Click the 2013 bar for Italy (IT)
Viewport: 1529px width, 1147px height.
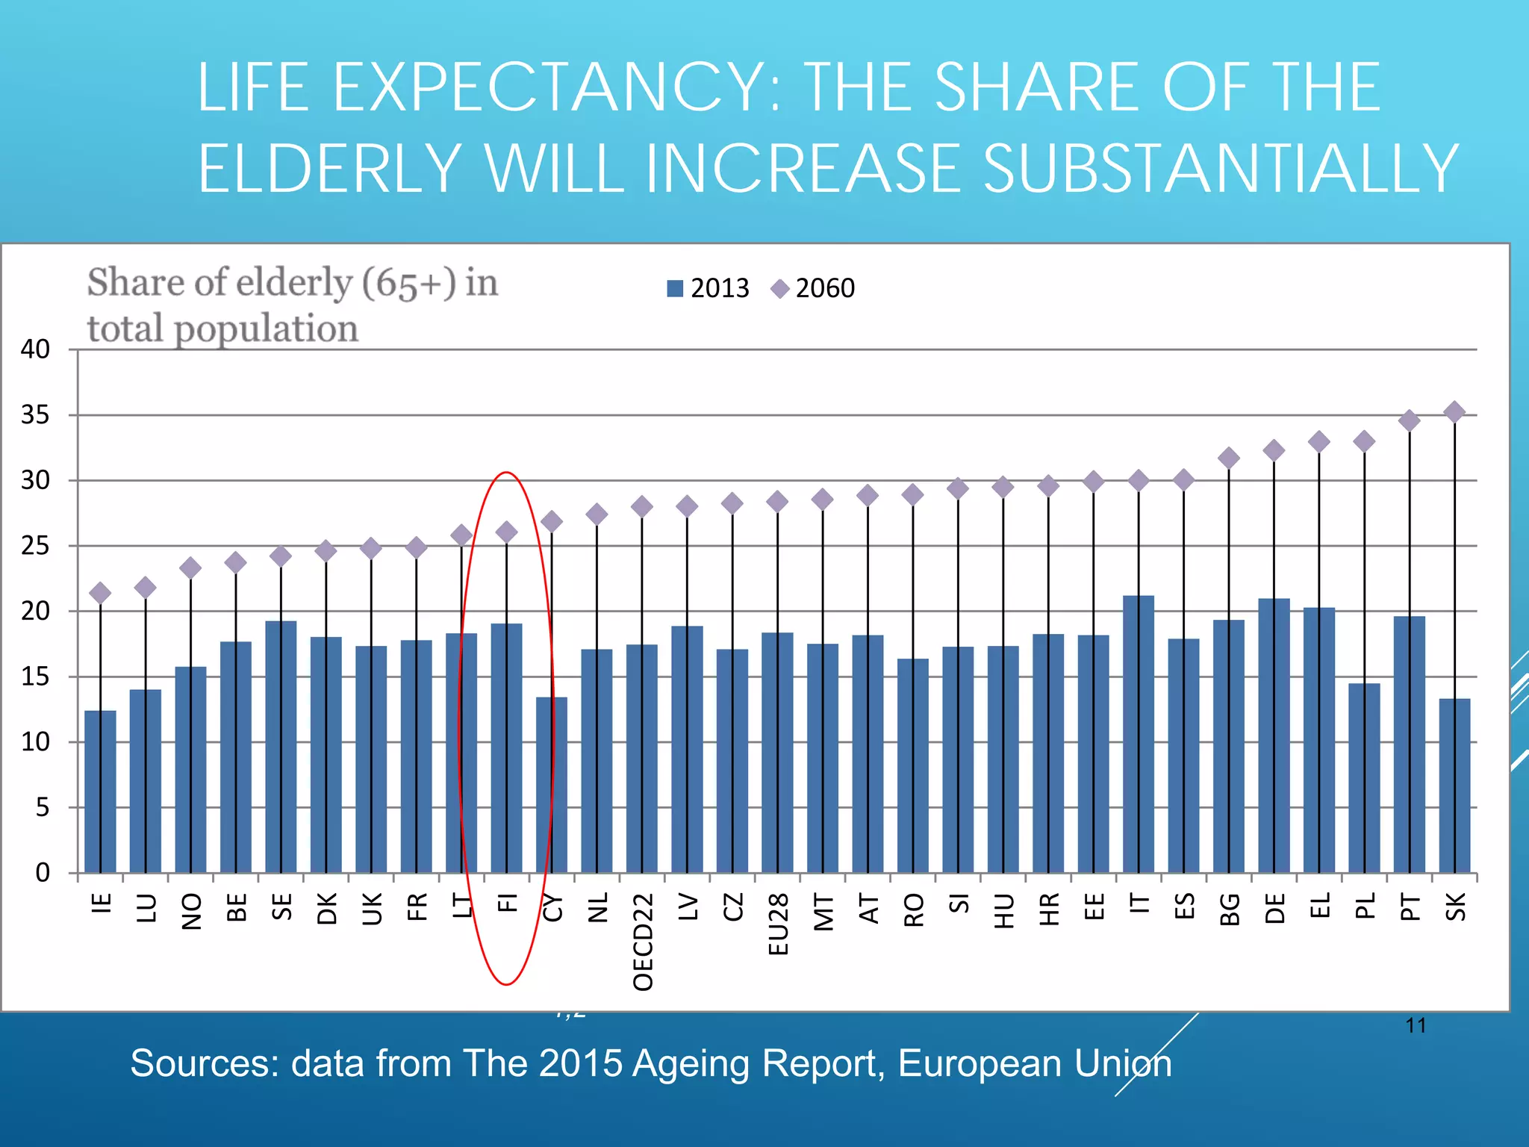pyautogui.click(x=1138, y=736)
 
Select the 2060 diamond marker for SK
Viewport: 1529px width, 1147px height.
pyautogui.click(x=1454, y=411)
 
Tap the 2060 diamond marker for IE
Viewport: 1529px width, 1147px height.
pyautogui.click(x=100, y=593)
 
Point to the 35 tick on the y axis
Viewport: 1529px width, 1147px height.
pyautogui.click(x=35, y=415)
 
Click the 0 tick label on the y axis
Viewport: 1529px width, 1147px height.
pyautogui.click(x=43, y=873)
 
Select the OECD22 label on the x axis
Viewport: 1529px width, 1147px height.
pyautogui.click(x=643, y=942)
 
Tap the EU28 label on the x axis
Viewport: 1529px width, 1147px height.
pyautogui.click(x=778, y=924)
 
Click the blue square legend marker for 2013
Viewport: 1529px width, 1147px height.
pyautogui.click(x=675, y=288)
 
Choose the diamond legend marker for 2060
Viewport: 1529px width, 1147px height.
pyautogui.click(x=780, y=288)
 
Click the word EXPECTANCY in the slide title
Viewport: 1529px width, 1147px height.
pyautogui.click(x=548, y=88)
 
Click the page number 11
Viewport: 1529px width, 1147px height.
pyautogui.click(x=1416, y=1025)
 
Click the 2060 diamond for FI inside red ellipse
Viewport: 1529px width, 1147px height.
pyautogui.click(x=506, y=532)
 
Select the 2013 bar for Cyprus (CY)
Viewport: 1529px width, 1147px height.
pyautogui.click(x=552, y=785)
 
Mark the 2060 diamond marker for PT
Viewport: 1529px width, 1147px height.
pyautogui.click(x=1409, y=420)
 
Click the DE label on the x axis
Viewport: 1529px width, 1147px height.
pyautogui.click(x=1274, y=909)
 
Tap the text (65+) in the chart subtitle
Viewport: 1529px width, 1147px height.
pyautogui.click(x=408, y=283)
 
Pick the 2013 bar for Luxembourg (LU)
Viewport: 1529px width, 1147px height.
pyautogui.click(x=146, y=781)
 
